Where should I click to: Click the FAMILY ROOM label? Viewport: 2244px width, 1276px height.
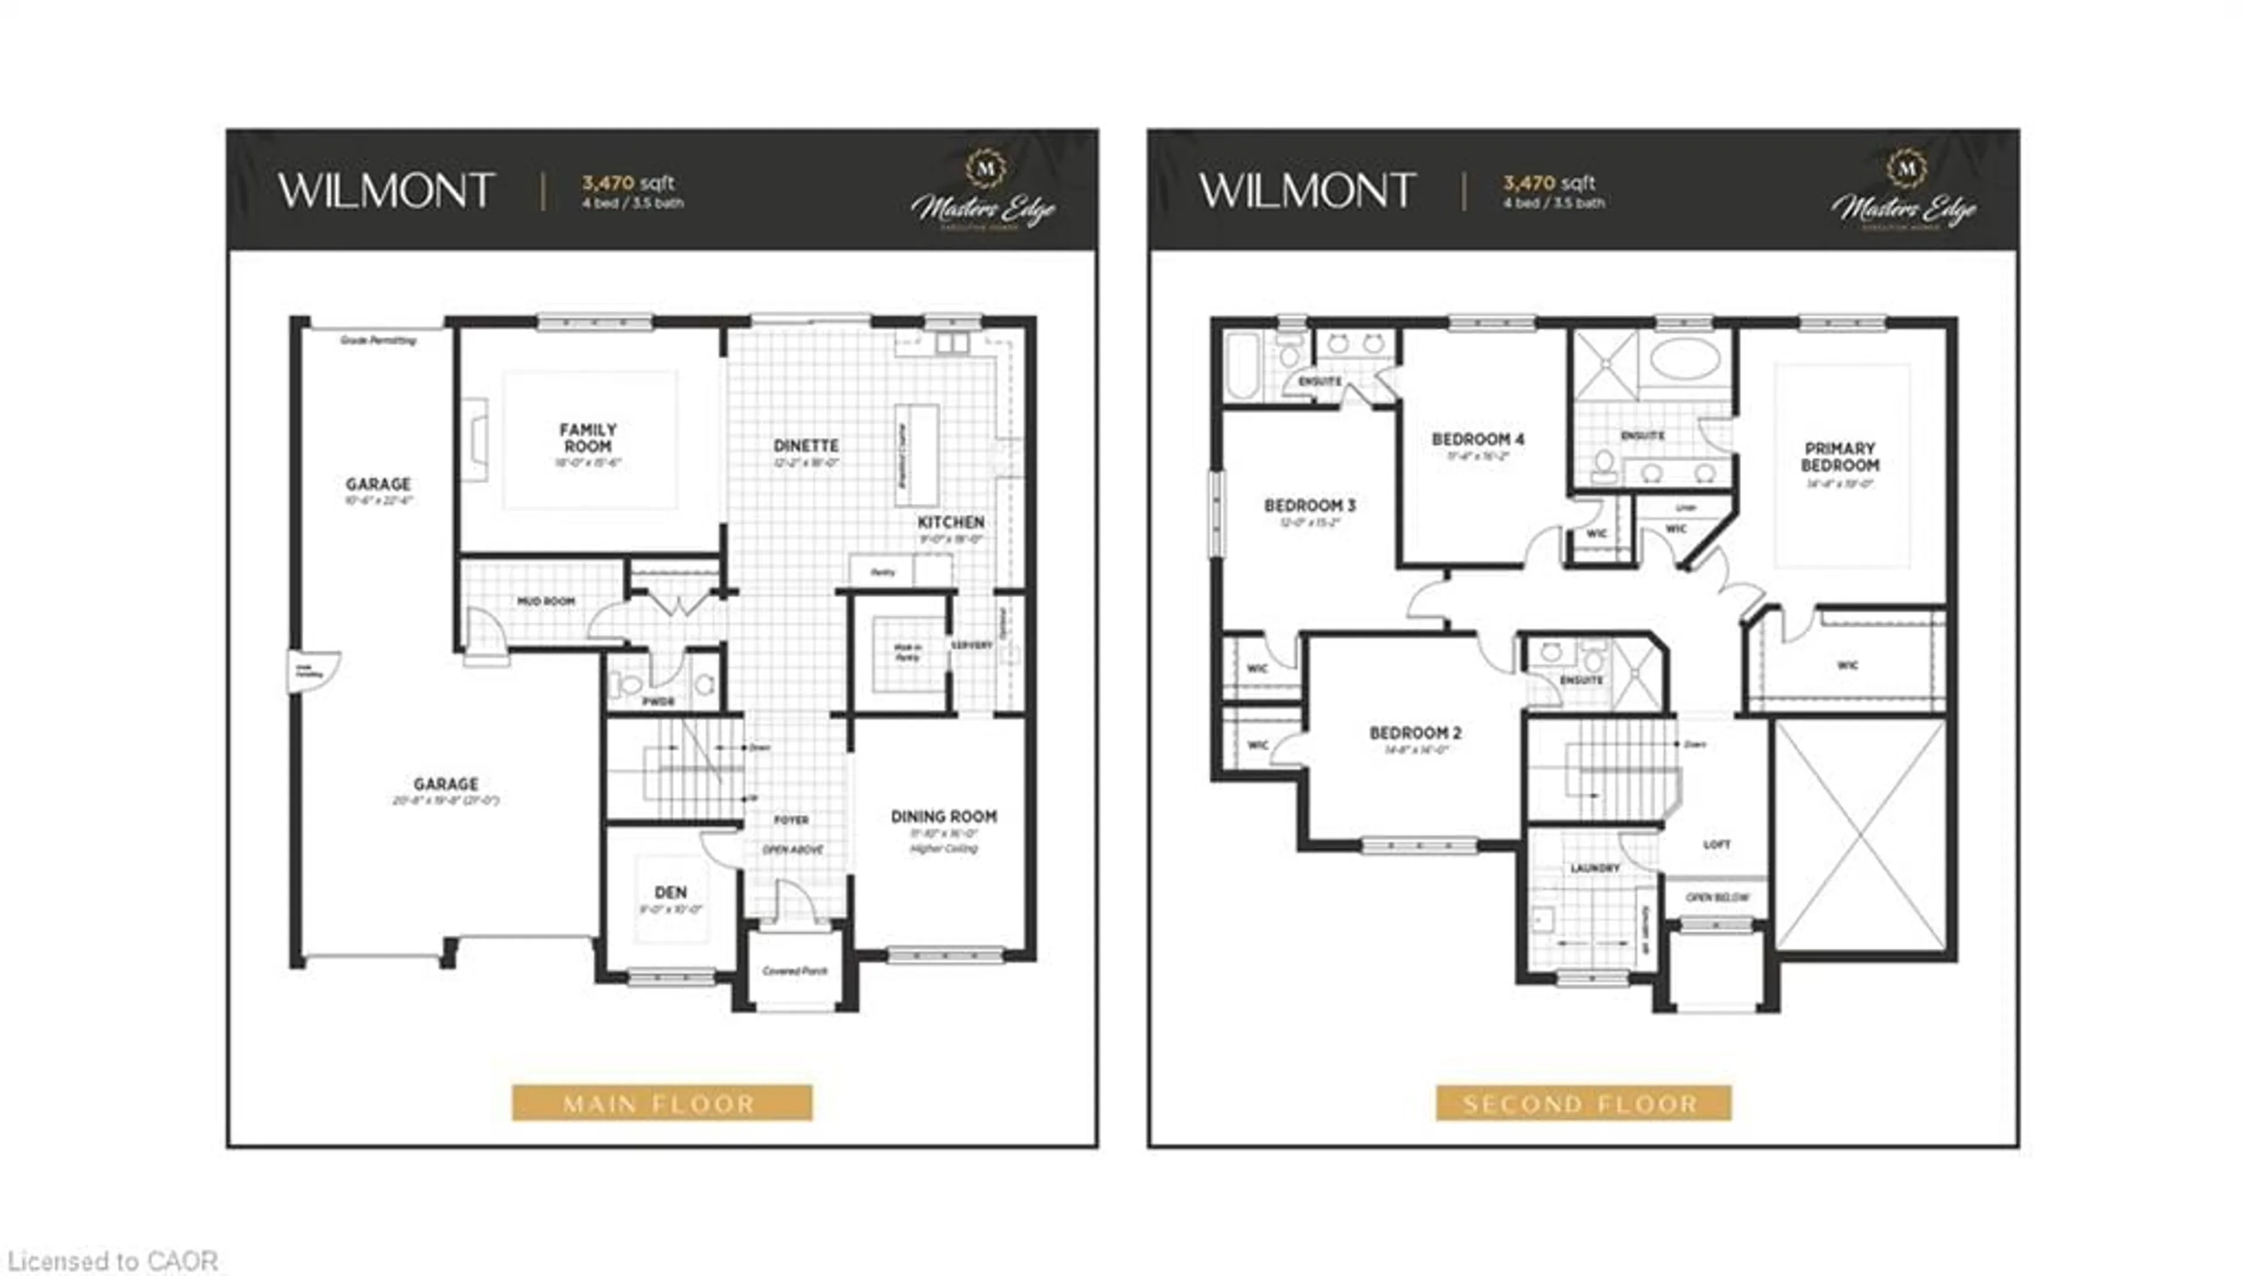pyautogui.click(x=588, y=437)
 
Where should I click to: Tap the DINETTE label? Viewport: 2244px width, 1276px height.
pyautogui.click(x=806, y=446)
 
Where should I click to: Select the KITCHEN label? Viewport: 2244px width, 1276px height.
pyautogui.click(x=950, y=523)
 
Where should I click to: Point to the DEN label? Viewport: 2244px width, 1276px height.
pyautogui.click(x=670, y=892)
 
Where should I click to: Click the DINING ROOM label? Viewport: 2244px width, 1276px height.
pyautogui.click(x=943, y=817)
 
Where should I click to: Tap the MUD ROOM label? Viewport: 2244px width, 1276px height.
pyautogui.click(x=546, y=601)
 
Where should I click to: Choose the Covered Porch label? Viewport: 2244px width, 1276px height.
pyautogui.click(x=794, y=971)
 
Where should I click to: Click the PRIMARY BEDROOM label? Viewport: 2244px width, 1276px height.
pyautogui.click(x=1840, y=457)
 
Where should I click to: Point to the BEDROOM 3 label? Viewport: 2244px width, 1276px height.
pyautogui.click(x=1310, y=506)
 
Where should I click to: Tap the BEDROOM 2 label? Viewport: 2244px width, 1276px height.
pyautogui.click(x=1415, y=732)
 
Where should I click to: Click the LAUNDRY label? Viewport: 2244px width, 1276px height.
pyautogui.click(x=1595, y=867)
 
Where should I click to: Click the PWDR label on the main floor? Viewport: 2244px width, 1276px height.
pyautogui.click(x=658, y=701)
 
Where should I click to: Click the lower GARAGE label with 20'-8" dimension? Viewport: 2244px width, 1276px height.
pyautogui.click(x=446, y=784)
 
